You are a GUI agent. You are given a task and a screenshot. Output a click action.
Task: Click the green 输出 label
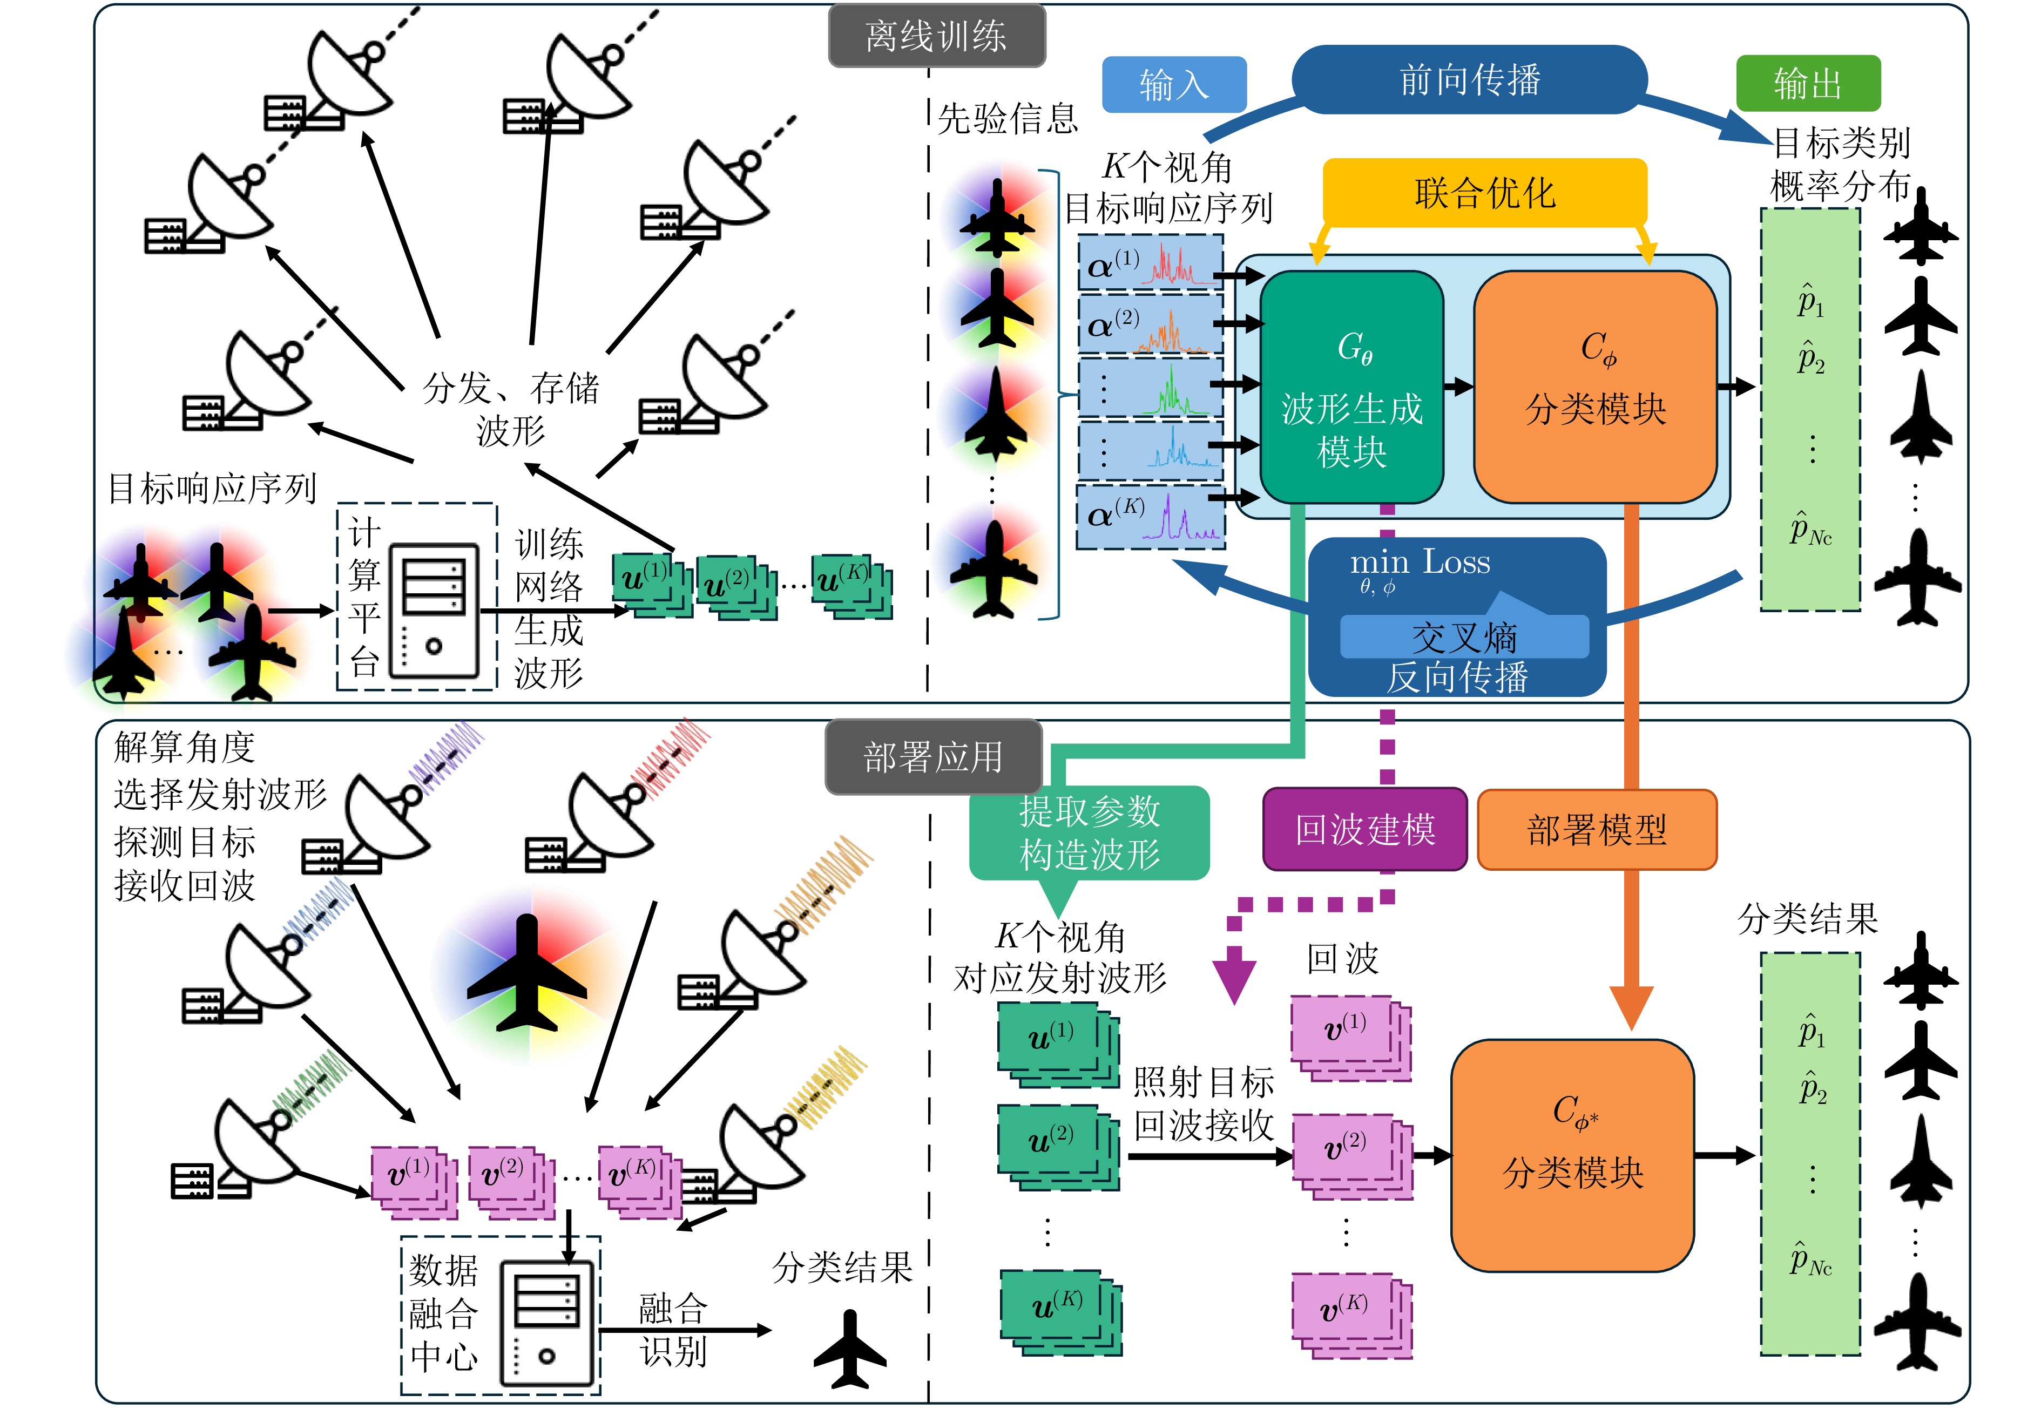click(x=1808, y=84)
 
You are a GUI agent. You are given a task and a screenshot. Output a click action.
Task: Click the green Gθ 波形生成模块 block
click(x=1351, y=389)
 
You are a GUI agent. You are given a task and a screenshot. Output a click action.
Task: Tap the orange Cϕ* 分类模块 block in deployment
click(x=1572, y=1155)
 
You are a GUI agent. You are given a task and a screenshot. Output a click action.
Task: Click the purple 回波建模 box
click(x=1365, y=830)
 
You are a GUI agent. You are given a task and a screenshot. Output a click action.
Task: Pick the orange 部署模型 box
click(x=1596, y=830)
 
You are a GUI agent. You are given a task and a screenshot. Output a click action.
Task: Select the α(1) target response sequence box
click(x=1150, y=263)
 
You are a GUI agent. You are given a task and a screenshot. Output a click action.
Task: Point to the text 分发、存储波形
click(x=510, y=409)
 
